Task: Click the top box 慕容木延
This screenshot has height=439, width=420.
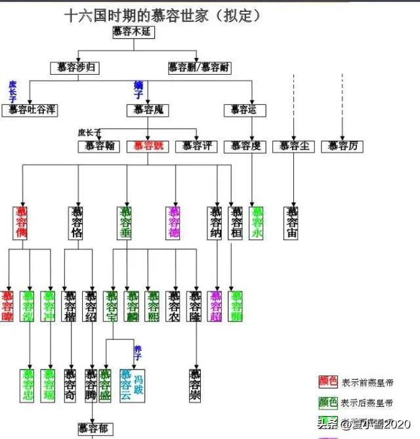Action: click(134, 33)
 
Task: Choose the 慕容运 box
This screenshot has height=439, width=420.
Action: click(243, 110)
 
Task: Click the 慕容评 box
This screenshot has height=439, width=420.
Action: click(196, 146)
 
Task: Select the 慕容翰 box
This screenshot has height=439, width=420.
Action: click(99, 146)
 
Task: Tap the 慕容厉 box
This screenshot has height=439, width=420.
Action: click(342, 146)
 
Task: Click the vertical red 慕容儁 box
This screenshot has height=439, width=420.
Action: click(22, 222)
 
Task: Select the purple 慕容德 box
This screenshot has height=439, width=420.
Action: click(174, 222)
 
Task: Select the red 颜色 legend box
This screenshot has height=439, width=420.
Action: click(328, 382)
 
